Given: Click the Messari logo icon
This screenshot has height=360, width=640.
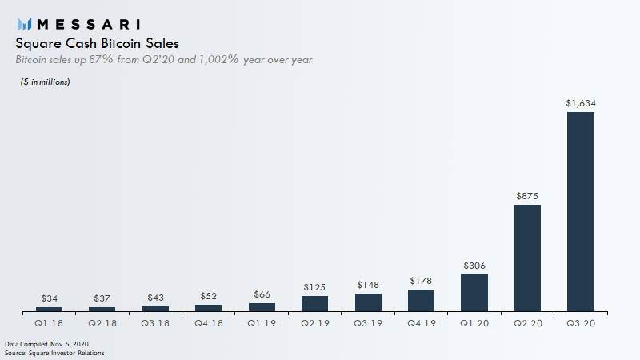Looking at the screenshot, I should pyautogui.click(x=25, y=24).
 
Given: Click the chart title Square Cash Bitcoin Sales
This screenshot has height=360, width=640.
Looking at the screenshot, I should pyautogui.click(x=97, y=43).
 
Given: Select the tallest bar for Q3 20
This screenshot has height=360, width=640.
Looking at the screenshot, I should pyautogui.click(x=581, y=211).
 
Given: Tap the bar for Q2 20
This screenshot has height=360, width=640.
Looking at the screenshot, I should pyautogui.click(x=528, y=258).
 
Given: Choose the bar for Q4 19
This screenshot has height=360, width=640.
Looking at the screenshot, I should pyautogui.click(x=422, y=300).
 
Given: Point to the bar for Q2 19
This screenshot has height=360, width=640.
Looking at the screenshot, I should pyautogui.click(x=315, y=303).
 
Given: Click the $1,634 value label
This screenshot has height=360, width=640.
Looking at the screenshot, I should pyautogui.click(x=581, y=103).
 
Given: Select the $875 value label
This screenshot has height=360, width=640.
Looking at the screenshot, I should pyautogui.click(x=528, y=196).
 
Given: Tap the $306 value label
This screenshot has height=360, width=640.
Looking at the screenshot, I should pyautogui.click(x=474, y=266).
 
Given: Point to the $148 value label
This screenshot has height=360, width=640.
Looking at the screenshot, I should pyautogui.click(x=368, y=285).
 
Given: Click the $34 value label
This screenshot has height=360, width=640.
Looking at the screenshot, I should pyautogui.click(x=49, y=298).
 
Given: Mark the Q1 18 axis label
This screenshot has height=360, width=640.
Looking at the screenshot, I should pyautogui.click(x=49, y=323).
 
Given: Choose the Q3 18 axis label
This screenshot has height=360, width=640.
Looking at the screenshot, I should pyautogui.click(x=155, y=323).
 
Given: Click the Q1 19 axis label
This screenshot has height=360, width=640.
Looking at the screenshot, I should pyautogui.click(x=262, y=323).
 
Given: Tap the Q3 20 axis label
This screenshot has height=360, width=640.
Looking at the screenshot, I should pyautogui.click(x=581, y=323).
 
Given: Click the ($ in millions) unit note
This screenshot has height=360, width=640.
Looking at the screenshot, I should pyautogui.click(x=45, y=82).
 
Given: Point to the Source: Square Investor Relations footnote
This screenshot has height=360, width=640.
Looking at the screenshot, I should pyautogui.click(x=54, y=352).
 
